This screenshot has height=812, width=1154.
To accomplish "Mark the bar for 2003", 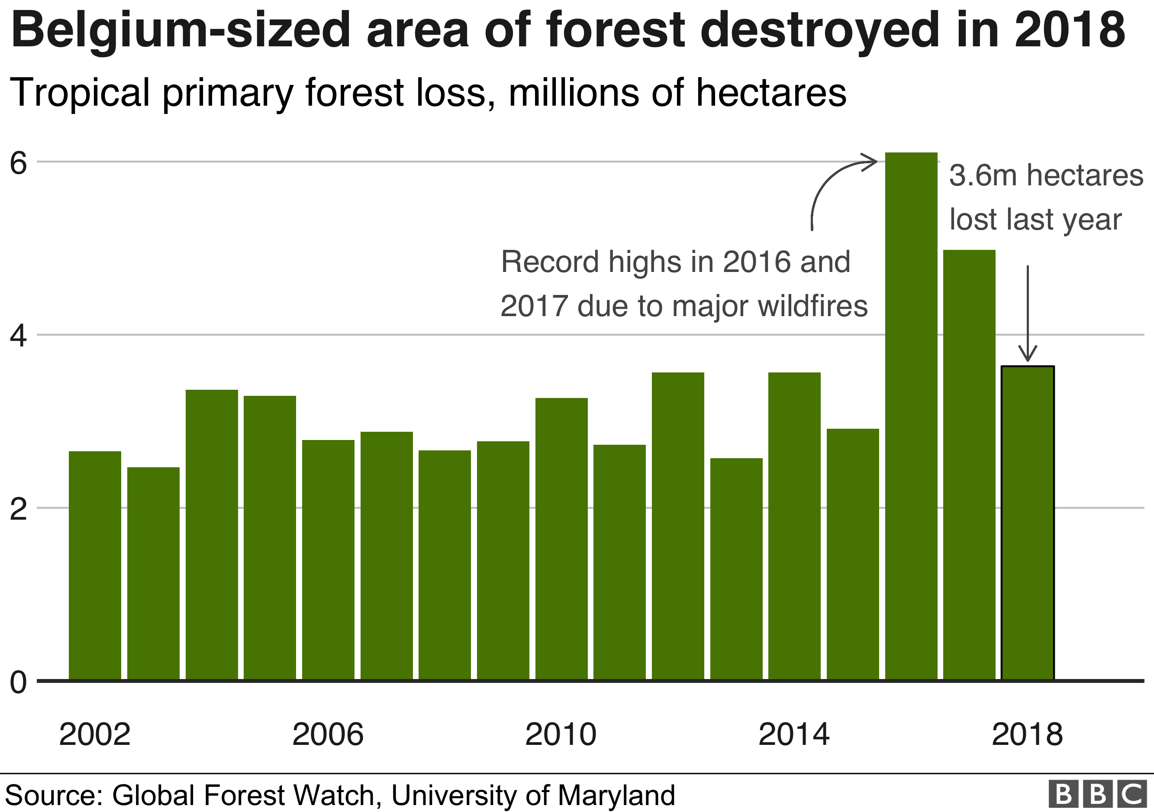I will pyautogui.click(x=153, y=574).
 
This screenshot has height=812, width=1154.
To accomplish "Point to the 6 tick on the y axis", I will pyautogui.click(x=19, y=163).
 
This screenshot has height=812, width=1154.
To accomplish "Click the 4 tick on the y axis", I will pyautogui.click(x=19, y=336).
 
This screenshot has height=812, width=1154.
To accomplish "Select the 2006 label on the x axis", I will pyautogui.click(x=328, y=734).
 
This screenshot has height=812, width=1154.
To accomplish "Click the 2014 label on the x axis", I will pyautogui.click(x=793, y=734).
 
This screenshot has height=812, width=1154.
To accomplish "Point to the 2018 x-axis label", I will pyautogui.click(x=1027, y=734).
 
